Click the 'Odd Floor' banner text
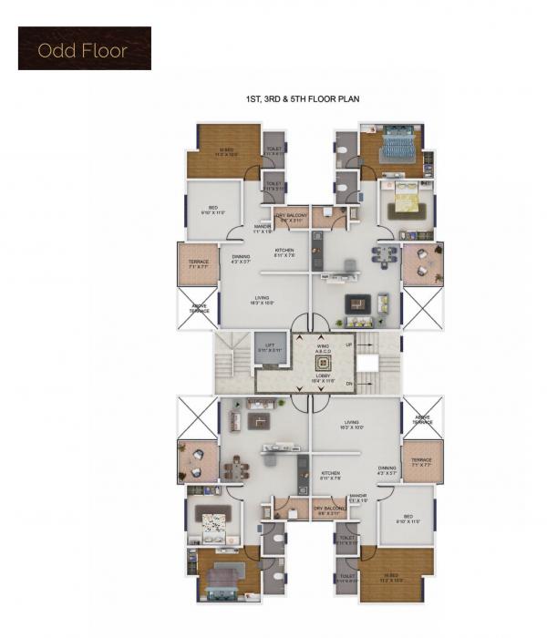[84, 49]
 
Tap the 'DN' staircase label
[348, 384]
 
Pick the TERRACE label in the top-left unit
[199, 264]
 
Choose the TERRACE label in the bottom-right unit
[420, 462]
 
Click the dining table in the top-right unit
[385, 255]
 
